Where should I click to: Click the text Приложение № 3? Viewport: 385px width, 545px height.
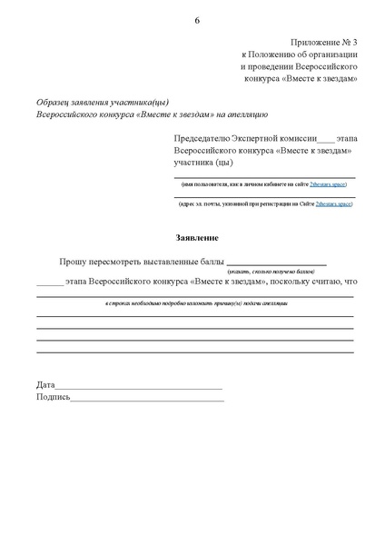click(323, 45)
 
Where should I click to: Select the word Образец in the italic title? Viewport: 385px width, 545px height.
click(54, 101)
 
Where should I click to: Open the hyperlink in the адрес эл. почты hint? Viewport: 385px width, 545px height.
click(332, 204)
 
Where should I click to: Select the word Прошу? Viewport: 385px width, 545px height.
click(74, 261)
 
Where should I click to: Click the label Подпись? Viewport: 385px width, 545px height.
click(53, 397)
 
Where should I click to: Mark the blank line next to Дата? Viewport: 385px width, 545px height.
click(139, 389)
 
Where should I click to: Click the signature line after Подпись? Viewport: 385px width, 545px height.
click(147, 400)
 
